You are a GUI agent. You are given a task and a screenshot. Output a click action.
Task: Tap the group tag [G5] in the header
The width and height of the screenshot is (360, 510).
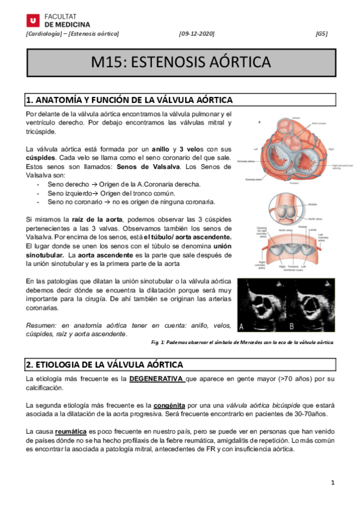click(322, 34)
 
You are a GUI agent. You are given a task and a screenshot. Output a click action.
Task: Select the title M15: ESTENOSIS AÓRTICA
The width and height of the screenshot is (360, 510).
click(180, 63)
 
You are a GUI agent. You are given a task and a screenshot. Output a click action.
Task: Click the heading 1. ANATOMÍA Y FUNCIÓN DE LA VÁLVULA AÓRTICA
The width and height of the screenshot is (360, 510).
click(128, 99)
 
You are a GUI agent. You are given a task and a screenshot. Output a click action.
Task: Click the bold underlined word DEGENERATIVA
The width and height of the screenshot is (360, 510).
click(155, 379)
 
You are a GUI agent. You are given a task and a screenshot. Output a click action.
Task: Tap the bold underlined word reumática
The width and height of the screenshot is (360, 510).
click(71, 431)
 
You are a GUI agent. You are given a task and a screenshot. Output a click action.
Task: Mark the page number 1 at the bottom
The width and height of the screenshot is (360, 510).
click(332, 482)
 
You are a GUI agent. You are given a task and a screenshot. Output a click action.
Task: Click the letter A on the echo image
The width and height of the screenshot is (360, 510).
click(242, 327)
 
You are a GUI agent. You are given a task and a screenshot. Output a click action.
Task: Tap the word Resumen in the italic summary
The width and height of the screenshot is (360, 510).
click(41, 325)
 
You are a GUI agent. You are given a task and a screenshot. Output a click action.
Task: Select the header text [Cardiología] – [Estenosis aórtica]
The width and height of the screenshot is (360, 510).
click(72, 34)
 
